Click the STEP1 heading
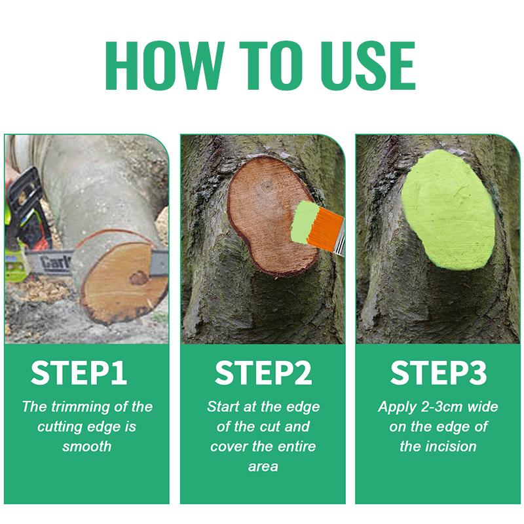[79, 373]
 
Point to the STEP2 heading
[263, 373]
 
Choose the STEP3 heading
[439, 373]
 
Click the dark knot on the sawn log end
[138, 278]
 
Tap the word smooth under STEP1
[86, 447]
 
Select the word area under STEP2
[263, 466]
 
